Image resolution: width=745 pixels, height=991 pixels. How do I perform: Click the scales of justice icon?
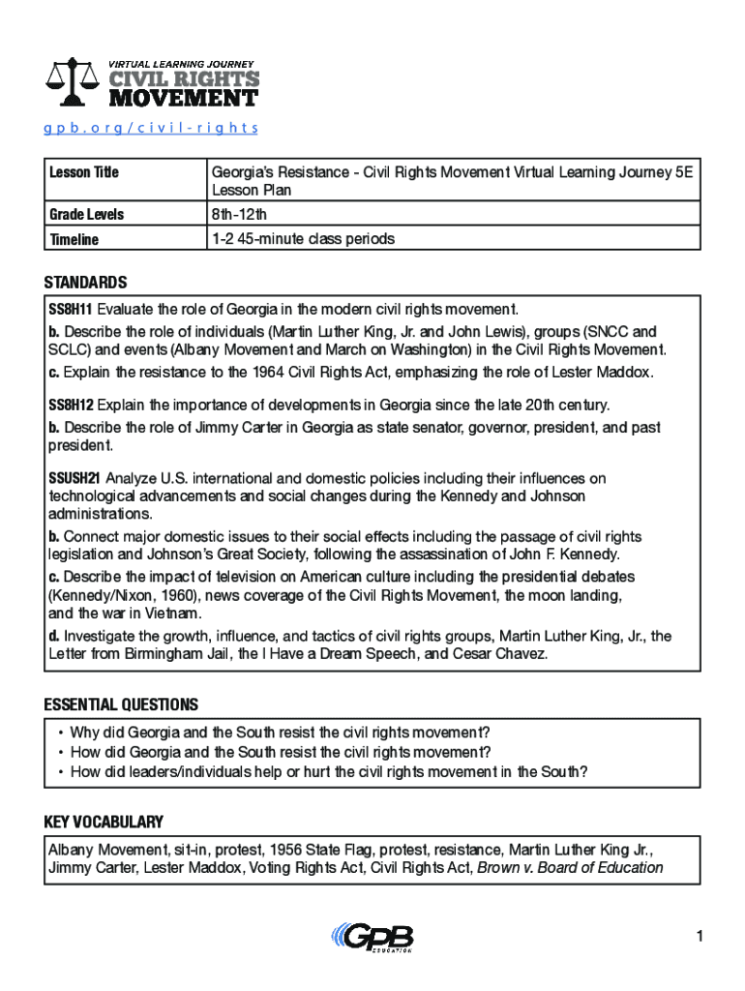tap(74, 82)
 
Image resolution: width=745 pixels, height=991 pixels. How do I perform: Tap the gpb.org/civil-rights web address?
tap(151, 128)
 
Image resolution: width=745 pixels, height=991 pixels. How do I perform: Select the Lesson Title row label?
tap(84, 172)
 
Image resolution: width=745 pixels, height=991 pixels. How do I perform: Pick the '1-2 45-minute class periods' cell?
tap(303, 238)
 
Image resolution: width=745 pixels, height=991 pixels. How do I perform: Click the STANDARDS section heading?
tap(85, 283)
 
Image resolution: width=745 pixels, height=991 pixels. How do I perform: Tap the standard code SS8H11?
tap(71, 310)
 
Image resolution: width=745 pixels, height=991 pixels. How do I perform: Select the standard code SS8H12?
tap(71, 404)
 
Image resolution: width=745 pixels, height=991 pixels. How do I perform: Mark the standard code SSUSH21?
tap(74, 478)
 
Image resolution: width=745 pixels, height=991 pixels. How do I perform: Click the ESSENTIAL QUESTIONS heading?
tap(121, 705)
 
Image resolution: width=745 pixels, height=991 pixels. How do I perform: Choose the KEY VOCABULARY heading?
tap(104, 823)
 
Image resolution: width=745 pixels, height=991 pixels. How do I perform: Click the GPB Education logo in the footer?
tap(372, 938)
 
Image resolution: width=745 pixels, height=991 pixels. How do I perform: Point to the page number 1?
tap(697, 936)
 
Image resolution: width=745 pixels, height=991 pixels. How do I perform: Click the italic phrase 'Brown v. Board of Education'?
tap(571, 867)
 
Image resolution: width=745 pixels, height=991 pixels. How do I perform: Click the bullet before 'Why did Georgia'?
tap(61, 733)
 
